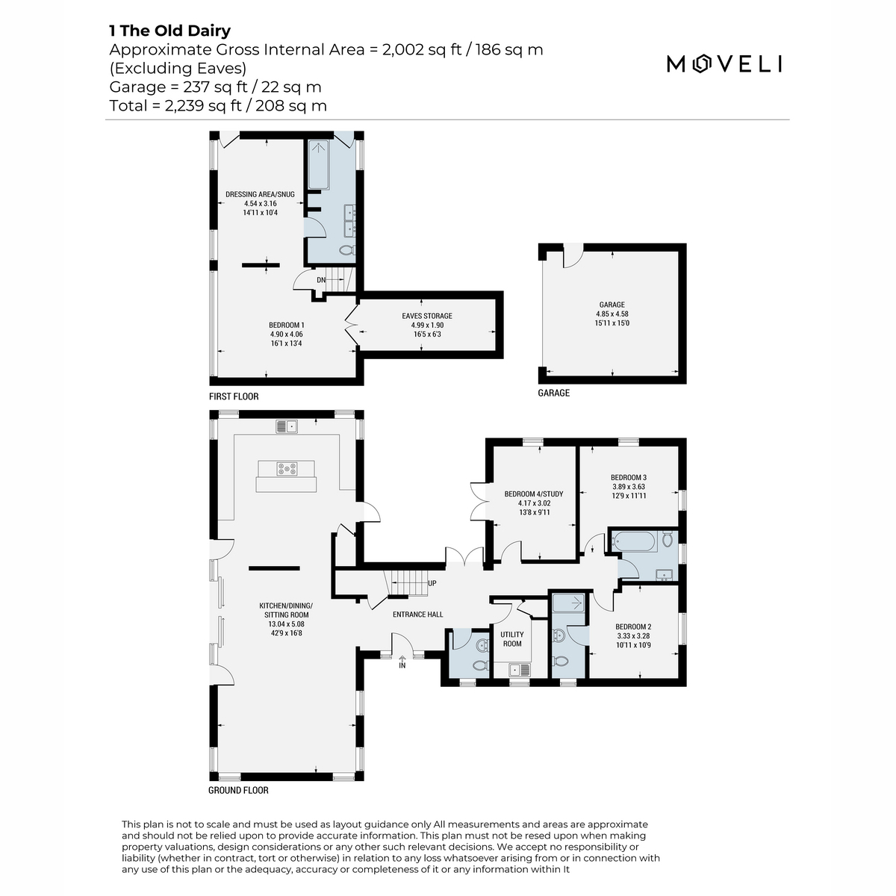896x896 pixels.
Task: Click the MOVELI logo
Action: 724,63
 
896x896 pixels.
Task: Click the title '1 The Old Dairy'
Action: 169,31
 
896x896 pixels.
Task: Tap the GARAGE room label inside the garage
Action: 612,305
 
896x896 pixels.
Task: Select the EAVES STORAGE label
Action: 427,316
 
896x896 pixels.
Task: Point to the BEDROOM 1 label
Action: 287,325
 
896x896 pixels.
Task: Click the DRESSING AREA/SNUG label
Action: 260,194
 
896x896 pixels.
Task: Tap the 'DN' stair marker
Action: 321,280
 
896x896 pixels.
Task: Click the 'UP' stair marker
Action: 432,583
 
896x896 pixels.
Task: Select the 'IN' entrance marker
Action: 402,665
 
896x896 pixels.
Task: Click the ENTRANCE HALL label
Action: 417,615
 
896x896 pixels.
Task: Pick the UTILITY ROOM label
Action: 512,639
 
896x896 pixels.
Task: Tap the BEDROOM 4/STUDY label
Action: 534,494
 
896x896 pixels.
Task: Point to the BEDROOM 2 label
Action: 633,626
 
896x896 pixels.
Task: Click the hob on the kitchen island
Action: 287,469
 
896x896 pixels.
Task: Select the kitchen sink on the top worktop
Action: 287,426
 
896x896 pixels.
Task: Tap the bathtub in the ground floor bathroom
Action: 634,541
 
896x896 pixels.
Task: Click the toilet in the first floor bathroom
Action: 347,251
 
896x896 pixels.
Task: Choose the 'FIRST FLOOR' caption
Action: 234,396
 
